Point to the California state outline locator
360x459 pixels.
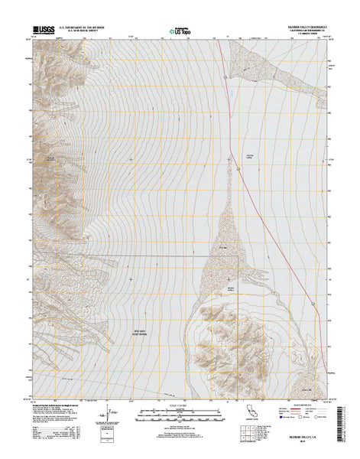click(x=248, y=413)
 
